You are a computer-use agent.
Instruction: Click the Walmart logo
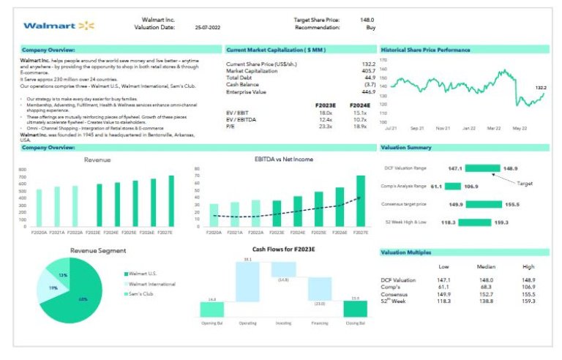click(x=59, y=26)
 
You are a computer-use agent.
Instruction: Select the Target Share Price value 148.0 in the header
click(x=367, y=20)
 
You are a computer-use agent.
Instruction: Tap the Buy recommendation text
click(x=371, y=28)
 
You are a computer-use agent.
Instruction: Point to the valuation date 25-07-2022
click(x=208, y=28)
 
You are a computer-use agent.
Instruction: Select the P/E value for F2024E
click(x=360, y=127)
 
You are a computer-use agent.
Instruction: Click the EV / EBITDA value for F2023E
click(x=326, y=119)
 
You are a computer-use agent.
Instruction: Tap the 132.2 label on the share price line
click(x=540, y=88)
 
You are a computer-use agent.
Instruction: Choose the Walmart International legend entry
click(x=151, y=283)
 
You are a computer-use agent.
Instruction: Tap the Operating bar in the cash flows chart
click(x=248, y=280)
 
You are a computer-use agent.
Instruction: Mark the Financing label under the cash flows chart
click(x=319, y=322)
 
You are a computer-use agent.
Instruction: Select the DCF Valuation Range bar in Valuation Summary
click(x=482, y=168)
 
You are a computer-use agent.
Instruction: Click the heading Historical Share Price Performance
click(x=426, y=50)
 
